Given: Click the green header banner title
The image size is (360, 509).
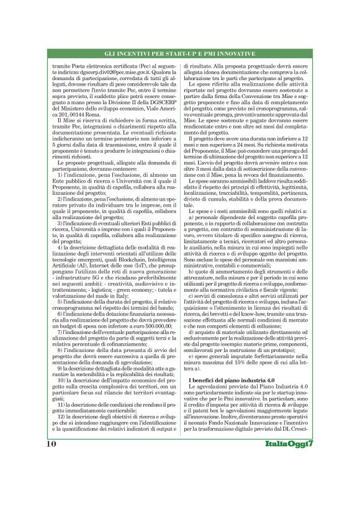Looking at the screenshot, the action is (x=179, y=55).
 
